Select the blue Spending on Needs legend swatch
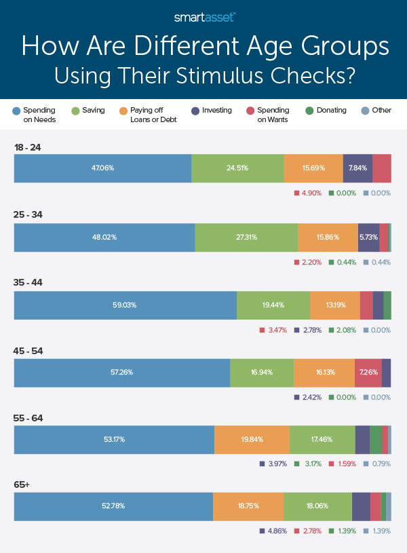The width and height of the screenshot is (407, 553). [x=16, y=110]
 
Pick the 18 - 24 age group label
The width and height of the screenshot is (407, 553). [x=28, y=146]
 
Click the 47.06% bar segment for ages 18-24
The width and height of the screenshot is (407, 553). [x=102, y=168]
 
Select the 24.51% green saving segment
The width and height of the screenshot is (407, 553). [x=237, y=168]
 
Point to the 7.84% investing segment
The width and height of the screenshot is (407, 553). [x=357, y=168]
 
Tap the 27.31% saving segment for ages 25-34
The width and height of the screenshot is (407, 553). [x=246, y=237]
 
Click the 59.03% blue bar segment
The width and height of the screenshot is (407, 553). [x=125, y=305]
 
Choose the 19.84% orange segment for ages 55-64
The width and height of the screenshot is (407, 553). [x=252, y=439]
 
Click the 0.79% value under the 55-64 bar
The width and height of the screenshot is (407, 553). [x=381, y=464]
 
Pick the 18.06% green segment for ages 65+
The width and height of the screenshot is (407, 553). [x=317, y=506]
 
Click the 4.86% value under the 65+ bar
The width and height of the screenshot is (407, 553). [x=275, y=531]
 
